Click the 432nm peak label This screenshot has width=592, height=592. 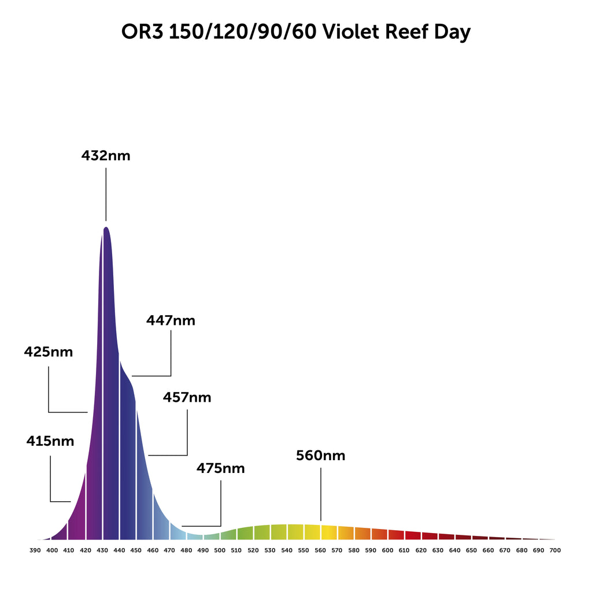tap(106, 156)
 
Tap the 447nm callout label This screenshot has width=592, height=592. tap(171, 320)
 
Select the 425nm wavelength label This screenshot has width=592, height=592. tap(49, 351)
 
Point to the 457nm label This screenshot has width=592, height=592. tap(187, 398)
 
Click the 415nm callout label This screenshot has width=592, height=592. tap(50, 441)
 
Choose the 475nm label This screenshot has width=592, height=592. tap(220, 468)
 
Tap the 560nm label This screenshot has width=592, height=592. tap(320, 456)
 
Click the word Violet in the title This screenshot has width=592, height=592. tap(348, 32)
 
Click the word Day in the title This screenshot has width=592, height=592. tap(452, 32)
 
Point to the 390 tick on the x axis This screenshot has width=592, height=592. tap(35, 550)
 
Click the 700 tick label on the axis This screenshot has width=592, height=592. tap(555, 550)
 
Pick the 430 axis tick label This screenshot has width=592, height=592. tap(102, 550)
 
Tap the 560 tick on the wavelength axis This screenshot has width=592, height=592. tap(320, 550)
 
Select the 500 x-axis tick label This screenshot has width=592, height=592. tap(220, 550)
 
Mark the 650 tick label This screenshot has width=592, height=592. tap(471, 550)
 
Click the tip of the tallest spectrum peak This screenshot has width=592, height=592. tap(106, 227)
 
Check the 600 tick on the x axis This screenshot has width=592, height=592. tap(387, 550)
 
